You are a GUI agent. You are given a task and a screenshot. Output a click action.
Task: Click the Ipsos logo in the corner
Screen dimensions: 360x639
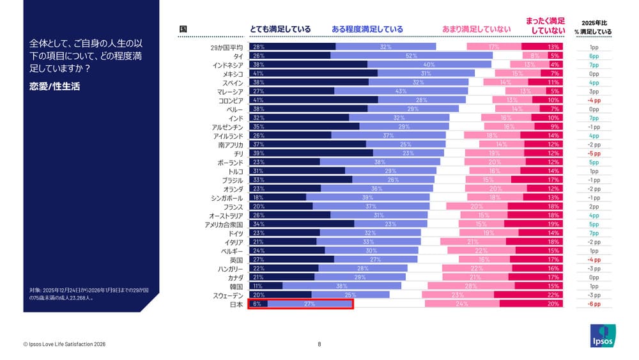click(601, 336)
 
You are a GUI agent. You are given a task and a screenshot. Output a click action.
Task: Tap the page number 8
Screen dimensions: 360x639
click(319, 345)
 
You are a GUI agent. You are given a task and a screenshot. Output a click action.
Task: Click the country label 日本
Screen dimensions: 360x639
click(236, 304)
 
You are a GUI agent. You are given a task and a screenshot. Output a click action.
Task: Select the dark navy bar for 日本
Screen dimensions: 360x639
click(258, 304)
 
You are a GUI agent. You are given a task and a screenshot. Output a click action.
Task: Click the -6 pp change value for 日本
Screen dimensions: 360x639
click(594, 304)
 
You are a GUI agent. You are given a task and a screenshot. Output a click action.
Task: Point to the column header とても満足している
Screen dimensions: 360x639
click(280, 29)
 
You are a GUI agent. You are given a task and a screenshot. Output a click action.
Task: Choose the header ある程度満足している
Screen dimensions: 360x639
click(367, 29)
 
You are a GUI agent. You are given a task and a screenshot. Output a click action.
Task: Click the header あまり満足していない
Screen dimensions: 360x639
click(476, 29)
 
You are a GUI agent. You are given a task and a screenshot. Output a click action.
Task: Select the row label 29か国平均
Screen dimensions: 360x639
click(226, 47)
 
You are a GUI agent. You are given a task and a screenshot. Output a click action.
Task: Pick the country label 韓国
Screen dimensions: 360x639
click(236, 286)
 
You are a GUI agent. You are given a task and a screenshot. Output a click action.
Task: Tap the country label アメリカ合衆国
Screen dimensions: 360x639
click(224, 224)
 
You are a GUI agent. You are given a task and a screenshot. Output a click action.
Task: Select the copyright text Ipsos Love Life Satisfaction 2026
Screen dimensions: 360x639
click(64, 345)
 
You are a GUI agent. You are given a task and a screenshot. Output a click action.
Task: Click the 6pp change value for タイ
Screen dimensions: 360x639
click(594, 56)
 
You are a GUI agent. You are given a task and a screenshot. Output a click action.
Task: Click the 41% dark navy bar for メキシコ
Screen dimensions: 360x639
click(313, 74)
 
